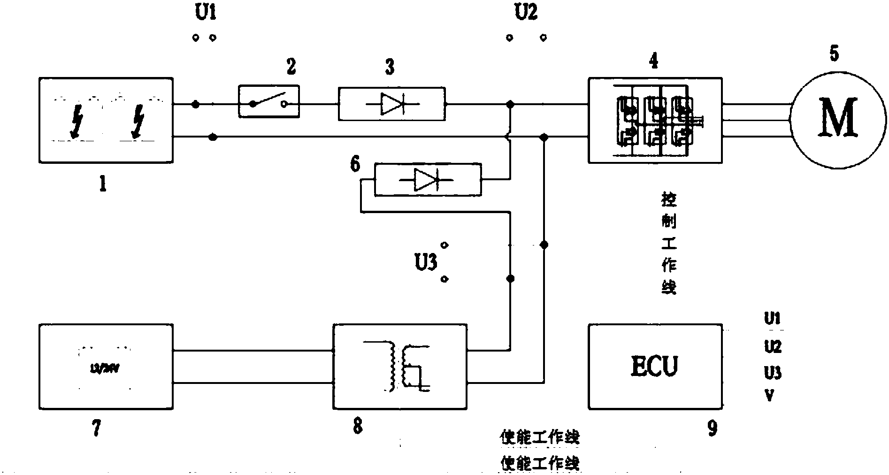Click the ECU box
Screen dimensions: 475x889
click(x=655, y=366)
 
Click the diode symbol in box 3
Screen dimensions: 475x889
click(x=391, y=104)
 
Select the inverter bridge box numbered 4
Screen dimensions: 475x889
click(x=655, y=120)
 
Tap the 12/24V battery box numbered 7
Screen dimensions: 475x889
click(x=106, y=366)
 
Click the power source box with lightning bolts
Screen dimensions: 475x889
click(x=106, y=121)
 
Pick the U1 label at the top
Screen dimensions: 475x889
click(x=205, y=13)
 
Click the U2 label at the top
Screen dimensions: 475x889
click(x=526, y=13)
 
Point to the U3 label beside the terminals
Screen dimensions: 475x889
click(x=426, y=262)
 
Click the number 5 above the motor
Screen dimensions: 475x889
click(x=834, y=54)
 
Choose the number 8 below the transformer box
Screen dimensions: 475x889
click(x=358, y=426)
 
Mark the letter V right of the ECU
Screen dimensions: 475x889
click(x=769, y=396)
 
